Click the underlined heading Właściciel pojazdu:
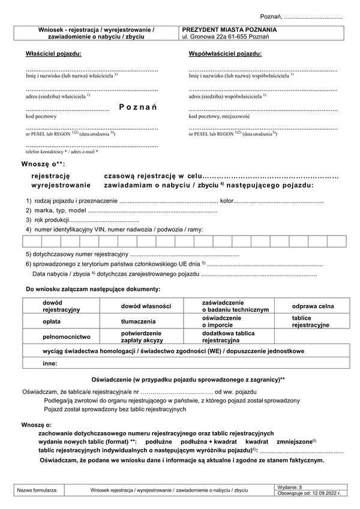click(x=53, y=54)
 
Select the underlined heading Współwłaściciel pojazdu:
click(x=225, y=54)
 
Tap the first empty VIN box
click(x=31, y=241)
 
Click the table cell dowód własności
click(x=146, y=306)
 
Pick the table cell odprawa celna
click(x=313, y=306)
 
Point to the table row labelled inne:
click(x=50, y=363)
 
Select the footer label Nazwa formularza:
click(x=37, y=490)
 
